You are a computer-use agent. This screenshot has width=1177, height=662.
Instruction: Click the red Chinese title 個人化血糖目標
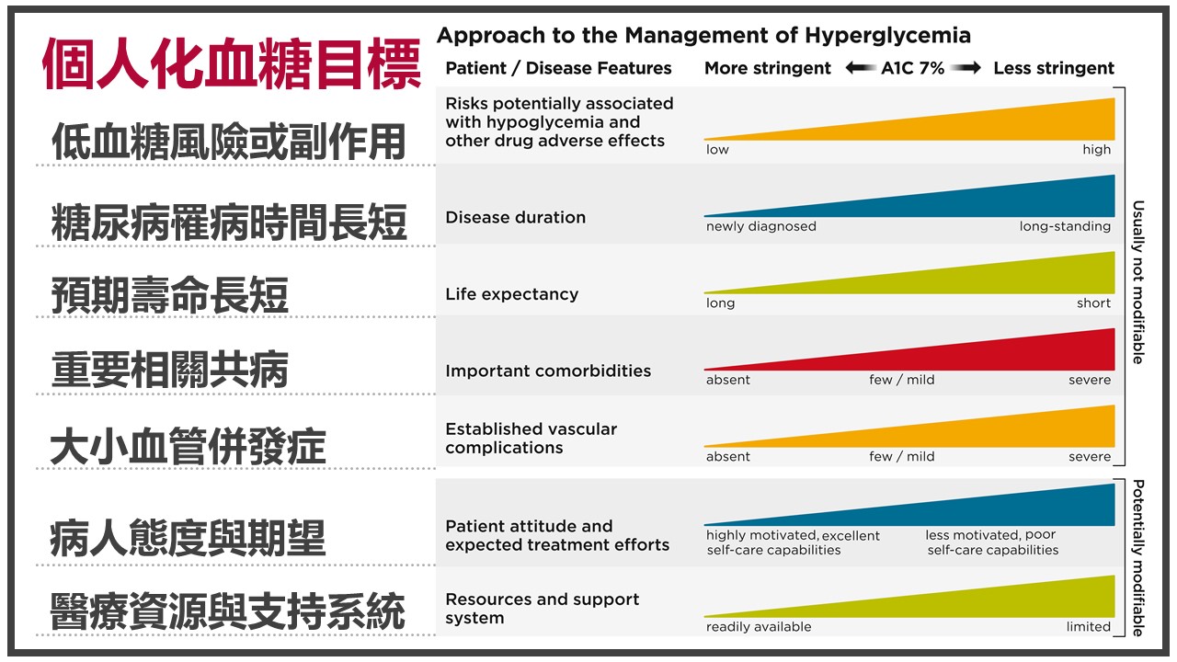(x=232, y=64)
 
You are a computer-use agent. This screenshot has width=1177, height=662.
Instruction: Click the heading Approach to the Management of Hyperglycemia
(x=703, y=36)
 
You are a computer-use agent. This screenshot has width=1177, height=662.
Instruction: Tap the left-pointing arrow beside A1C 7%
(x=860, y=68)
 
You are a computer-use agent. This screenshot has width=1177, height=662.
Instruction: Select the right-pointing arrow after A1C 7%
(x=966, y=68)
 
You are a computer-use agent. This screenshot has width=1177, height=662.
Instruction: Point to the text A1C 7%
(x=913, y=68)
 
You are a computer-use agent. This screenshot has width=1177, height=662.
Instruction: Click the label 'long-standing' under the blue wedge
(x=1065, y=226)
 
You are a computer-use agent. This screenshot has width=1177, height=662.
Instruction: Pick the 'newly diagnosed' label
(x=760, y=226)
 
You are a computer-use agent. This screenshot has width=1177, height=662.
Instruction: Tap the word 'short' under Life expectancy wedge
(x=1093, y=303)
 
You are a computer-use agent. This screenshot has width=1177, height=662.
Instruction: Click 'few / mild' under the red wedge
(x=902, y=380)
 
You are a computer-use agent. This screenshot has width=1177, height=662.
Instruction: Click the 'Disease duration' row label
(x=516, y=218)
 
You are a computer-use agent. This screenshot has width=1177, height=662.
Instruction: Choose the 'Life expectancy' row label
(x=512, y=294)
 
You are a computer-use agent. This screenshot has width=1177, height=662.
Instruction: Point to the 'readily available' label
(x=759, y=627)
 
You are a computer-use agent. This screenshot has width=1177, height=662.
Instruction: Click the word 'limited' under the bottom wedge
(x=1088, y=627)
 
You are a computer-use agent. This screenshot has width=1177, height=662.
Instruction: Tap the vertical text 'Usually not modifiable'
(x=1137, y=282)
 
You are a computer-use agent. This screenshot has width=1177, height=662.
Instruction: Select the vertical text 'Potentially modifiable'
(x=1137, y=558)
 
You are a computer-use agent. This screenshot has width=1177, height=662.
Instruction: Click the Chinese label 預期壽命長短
(x=170, y=295)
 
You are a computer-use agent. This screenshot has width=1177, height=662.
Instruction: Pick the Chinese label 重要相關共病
(x=170, y=370)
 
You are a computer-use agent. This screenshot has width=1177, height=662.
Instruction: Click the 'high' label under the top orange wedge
(x=1097, y=150)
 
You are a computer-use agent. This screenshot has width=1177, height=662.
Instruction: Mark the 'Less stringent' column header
(x=1054, y=68)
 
